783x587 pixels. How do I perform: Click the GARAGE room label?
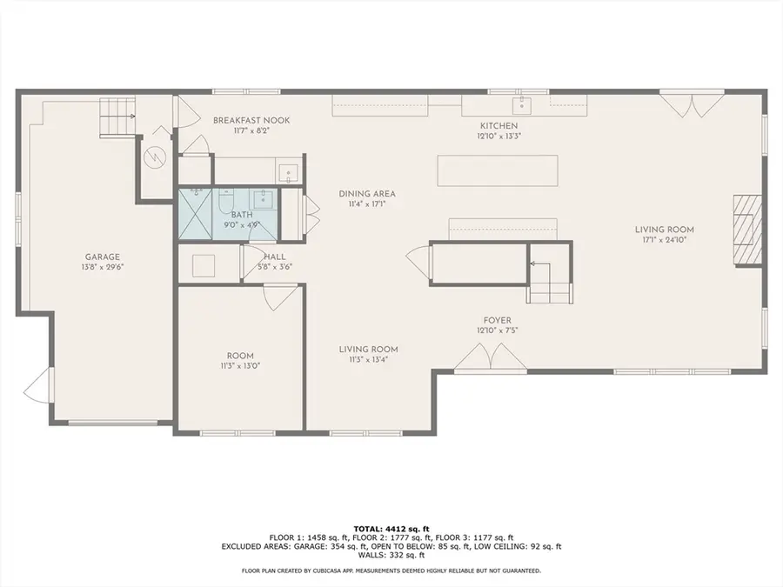point(102,257)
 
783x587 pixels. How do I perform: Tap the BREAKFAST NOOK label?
point(251,120)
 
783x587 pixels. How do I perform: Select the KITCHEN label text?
point(497,125)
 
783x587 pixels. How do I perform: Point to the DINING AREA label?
point(361,194)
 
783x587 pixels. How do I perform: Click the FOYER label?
point(498,319)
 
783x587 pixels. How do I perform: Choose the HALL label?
point(274,257)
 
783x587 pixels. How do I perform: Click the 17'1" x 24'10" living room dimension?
point(669,240)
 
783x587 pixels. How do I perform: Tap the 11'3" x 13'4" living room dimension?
point(368,359)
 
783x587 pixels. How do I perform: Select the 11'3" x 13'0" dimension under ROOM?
point(240,366)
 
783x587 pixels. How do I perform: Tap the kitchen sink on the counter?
point(521,106)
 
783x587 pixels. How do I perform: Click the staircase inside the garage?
point(117,116)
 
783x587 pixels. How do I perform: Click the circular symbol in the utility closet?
point(156,157)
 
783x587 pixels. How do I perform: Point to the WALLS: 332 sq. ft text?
point(391,555)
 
